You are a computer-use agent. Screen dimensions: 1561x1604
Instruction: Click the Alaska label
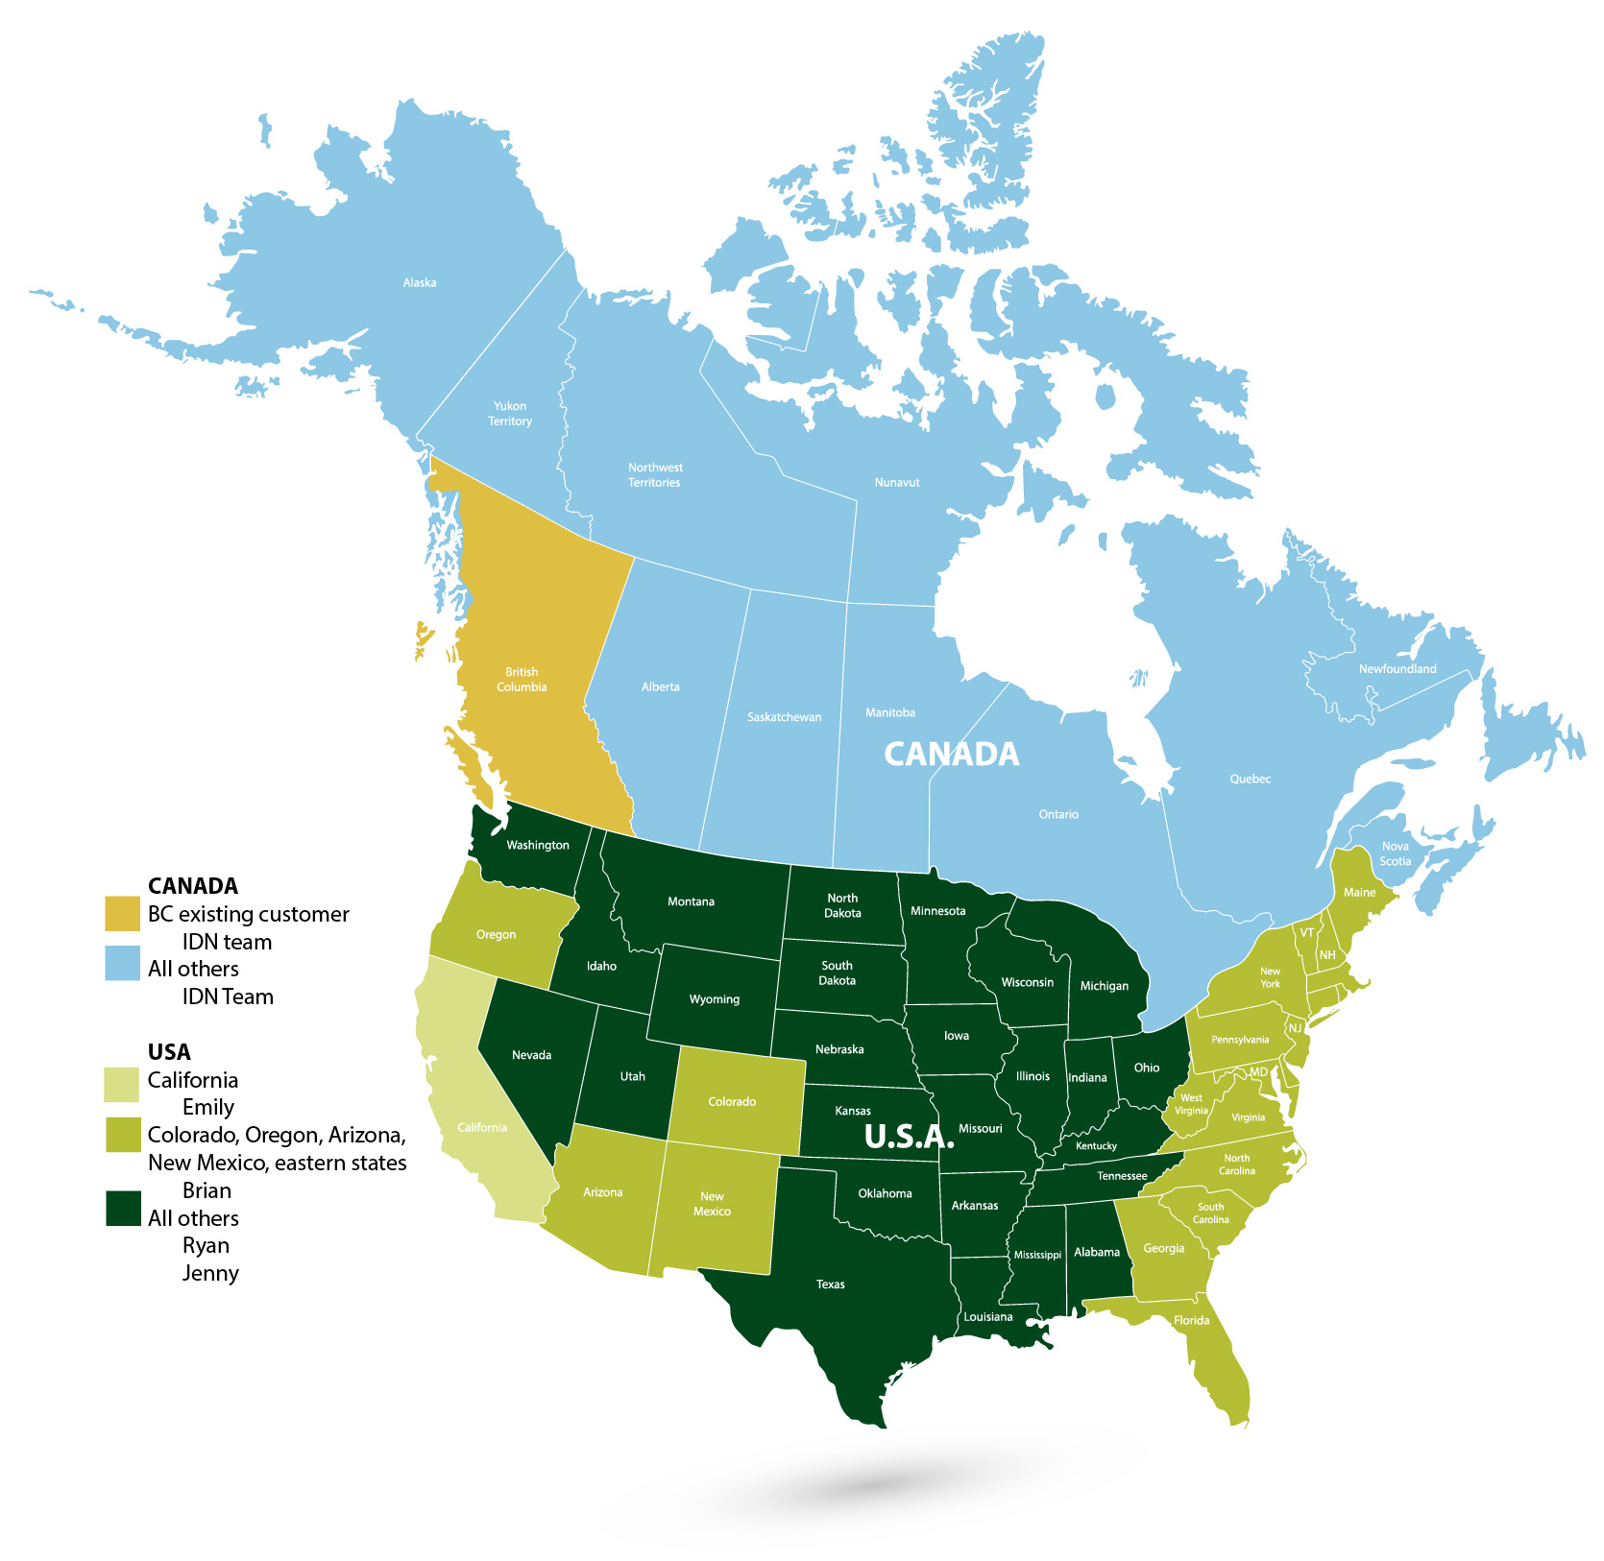420,283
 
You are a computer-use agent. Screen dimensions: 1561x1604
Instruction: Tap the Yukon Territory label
510,414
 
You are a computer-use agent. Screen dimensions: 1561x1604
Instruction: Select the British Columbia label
522,680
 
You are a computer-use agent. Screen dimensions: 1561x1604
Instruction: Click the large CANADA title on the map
951,755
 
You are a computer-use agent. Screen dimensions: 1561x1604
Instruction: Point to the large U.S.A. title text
909,1137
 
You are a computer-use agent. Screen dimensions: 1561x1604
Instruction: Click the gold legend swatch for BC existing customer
122,914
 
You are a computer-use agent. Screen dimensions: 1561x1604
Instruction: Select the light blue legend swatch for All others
122,964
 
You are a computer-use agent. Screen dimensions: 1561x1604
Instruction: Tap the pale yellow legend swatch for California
122,1084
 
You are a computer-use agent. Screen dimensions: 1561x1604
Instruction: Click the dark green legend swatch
123,1209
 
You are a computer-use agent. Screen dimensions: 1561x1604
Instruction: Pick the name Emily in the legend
208,1108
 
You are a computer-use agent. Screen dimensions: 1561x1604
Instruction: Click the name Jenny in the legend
210,1274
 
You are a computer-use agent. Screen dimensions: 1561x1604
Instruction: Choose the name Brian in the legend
207,1191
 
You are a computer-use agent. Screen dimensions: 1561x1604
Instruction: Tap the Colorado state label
732,1102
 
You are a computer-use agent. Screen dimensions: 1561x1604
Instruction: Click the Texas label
831,1285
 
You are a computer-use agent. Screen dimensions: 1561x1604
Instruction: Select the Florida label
1191,1321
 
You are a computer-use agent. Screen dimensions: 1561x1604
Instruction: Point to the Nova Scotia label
1396,854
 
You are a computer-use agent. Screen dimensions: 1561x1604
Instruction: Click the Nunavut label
897,483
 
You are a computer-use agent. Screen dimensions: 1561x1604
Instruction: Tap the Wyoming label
715,999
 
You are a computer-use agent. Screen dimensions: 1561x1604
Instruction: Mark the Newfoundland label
1397,669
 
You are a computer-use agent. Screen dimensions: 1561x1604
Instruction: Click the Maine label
1359,893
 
